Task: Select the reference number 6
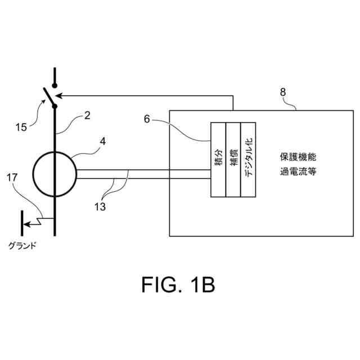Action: pyautogui.click(x=147, y=119)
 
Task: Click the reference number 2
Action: pyautogui.click(x=87, y=116)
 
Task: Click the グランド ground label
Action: pyautogui.click(x=22, y=245)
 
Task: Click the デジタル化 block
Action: pyautogui.click(x=248, y=160)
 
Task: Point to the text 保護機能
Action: pyautogui.click(x=298, y=156)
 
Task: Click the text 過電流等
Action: pyautogui.click(x=298, y=170)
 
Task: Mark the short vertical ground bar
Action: pyautogui.click(x=22, y=223)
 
